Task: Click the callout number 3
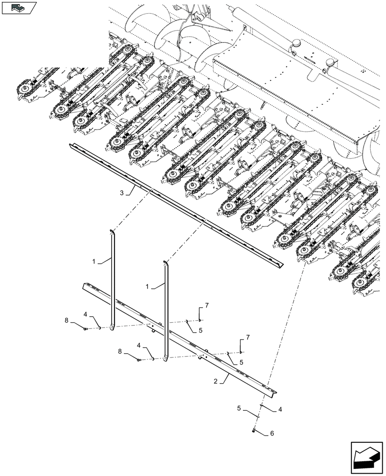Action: click(x=122, y=193)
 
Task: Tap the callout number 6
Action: click(x=271, y=434)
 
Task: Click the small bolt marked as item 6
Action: click(x=254, y=431)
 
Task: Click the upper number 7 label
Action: click(x=207, y=305)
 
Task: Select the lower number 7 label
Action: click(x=247, y=337)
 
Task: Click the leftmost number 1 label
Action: click(x=94, y=262)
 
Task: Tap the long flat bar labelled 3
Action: click(x=176, y=205)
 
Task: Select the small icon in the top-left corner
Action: click(x=19, y=7)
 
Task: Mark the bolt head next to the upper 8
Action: click(x=85, y=328)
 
